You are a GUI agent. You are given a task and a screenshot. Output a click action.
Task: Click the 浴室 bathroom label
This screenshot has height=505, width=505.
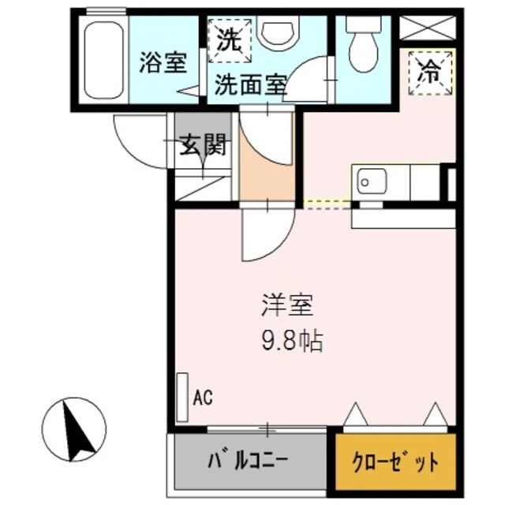tap(163, 64)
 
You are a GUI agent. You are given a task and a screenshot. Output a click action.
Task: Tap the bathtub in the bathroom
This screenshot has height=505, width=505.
tap(103, 60)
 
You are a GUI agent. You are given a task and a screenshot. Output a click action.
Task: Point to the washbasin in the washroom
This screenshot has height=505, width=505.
tap(279, 32)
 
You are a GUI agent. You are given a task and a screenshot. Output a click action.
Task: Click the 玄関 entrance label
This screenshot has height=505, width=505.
tap(203, 144)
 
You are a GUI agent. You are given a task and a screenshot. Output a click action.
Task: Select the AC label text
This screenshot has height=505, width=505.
tap(203, 397)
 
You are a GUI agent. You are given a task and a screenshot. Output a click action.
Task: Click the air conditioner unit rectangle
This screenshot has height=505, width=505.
tap(183, 396)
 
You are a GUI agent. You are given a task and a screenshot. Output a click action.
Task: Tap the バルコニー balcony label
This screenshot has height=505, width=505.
tap(247, 460)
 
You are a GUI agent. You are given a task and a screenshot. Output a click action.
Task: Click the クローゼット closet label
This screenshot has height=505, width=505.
tap(396, 462)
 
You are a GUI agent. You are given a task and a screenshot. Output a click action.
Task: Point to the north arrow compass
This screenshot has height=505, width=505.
tap(75, 429)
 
